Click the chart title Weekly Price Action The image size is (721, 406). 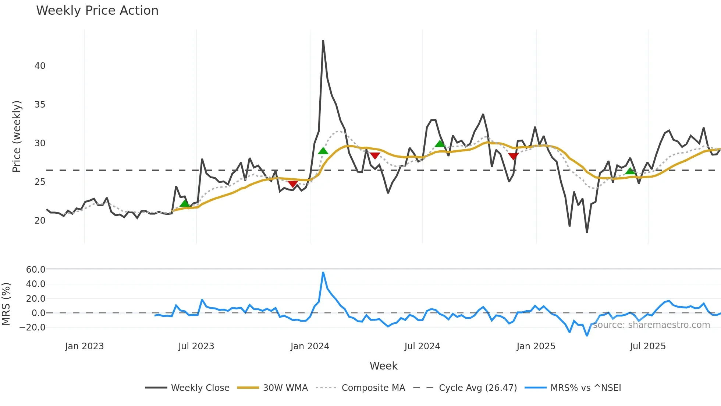click(97, 11)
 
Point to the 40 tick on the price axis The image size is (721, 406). click(40, 66)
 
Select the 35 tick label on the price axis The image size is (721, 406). click(40, 105)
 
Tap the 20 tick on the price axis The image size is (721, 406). click(40, 221)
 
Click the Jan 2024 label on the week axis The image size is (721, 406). click(310, 346)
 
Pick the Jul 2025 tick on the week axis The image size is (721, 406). click(648, 346)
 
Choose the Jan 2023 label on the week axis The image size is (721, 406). click(85, 346)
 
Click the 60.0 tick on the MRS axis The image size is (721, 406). click(35, 270)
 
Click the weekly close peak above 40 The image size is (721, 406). click(323, 41)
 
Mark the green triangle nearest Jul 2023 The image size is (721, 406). click(185, 203)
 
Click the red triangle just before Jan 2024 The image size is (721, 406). click(293, 184)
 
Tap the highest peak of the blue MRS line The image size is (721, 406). click(323, 273)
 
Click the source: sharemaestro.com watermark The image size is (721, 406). click(651, 325)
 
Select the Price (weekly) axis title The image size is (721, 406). click(17, 136)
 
